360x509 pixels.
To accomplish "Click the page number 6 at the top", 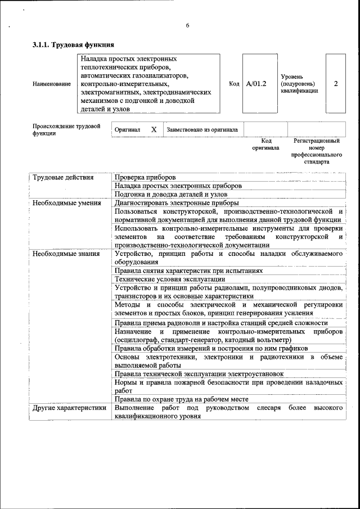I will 187,25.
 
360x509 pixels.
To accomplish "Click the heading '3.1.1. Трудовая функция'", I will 74,44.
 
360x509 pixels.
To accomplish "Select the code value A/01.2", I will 256,84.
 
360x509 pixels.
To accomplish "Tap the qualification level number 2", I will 336,84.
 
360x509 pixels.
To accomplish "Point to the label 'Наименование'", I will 52,84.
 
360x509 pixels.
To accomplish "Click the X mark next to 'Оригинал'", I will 154,129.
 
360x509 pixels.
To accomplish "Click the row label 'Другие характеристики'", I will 69,408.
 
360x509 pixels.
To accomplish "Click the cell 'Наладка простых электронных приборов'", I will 178,186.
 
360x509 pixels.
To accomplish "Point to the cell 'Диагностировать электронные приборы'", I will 176,202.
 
